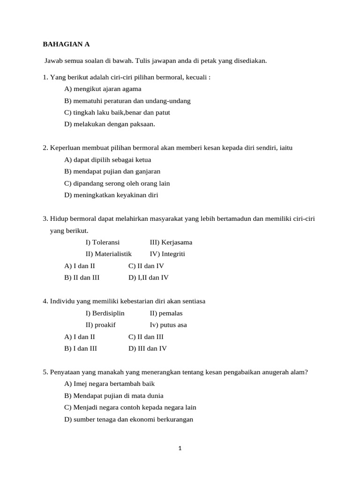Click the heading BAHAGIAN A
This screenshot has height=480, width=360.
[66, 45]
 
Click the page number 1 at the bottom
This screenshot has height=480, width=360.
[180, 448]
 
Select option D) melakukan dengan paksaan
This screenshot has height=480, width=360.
[109, 124]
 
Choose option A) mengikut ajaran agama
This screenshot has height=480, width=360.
[102, 89]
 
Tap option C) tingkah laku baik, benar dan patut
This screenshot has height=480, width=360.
[117, 112]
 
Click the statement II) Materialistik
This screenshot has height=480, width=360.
[108, 254]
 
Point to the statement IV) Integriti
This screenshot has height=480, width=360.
[167, 254]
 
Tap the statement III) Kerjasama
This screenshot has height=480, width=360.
[171, 242]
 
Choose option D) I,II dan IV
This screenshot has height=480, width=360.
[148, 277]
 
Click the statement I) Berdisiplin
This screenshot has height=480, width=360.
[105, 313]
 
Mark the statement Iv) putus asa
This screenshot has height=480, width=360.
[168, 325]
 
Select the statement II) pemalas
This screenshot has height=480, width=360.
[166, 313]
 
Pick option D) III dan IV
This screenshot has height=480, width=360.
[147, 348]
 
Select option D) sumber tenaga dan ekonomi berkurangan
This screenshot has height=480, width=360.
[128, 420]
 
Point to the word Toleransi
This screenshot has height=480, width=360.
[106, 242]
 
